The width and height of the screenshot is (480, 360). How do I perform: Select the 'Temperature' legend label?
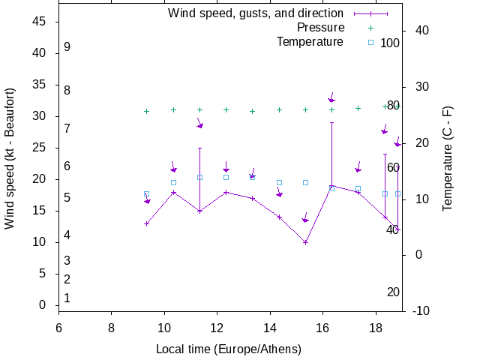(310, 42)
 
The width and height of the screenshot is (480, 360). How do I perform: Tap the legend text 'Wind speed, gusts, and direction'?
(256, 13)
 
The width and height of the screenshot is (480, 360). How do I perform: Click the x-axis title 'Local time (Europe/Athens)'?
(229, 349)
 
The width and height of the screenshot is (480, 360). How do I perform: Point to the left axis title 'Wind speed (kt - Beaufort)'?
(10, 158)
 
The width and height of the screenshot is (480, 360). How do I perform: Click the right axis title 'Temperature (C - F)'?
(448, 158)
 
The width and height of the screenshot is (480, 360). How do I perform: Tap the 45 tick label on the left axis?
(40, 22)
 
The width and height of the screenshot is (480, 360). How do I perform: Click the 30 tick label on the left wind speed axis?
(40, 116)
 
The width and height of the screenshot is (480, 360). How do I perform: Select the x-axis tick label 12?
(217, 327)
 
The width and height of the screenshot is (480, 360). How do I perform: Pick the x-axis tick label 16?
(323, 327)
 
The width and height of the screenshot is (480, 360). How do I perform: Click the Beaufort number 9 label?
(67, 47)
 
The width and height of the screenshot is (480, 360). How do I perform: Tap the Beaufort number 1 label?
(67, 298)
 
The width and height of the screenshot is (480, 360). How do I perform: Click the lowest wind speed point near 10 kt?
(305, 242)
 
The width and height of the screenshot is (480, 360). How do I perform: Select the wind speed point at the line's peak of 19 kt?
(331, 185)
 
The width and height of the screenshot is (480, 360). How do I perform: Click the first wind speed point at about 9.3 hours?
(147, 223)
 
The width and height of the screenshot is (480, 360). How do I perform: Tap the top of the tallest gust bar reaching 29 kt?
(331, 122)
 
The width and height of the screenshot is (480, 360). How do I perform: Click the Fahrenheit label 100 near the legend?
(390, 43)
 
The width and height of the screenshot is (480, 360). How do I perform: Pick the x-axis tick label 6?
(58, 327)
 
